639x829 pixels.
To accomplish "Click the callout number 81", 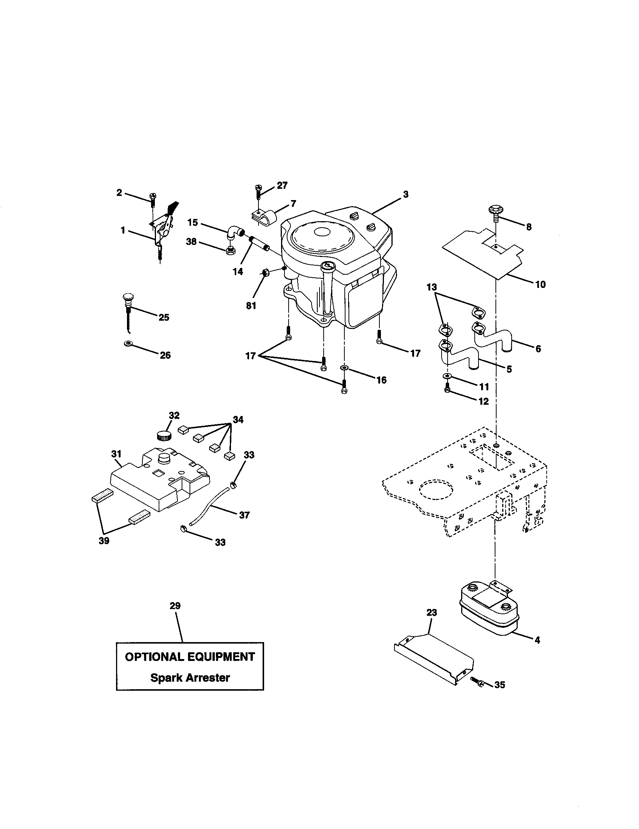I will pyautogui.click(x=251, y=306).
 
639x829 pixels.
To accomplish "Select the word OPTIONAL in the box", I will pyautogui.click(x=155, y=657).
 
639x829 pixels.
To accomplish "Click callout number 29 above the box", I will pyautogui.click(x=175, y=606).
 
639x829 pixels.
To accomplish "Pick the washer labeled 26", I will pyautogui.click(x=127, y=344).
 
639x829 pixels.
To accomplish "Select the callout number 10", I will pyautogui.click(x=540, y=284).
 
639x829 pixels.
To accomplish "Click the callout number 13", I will pyautogui.click(x=432, y=288).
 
